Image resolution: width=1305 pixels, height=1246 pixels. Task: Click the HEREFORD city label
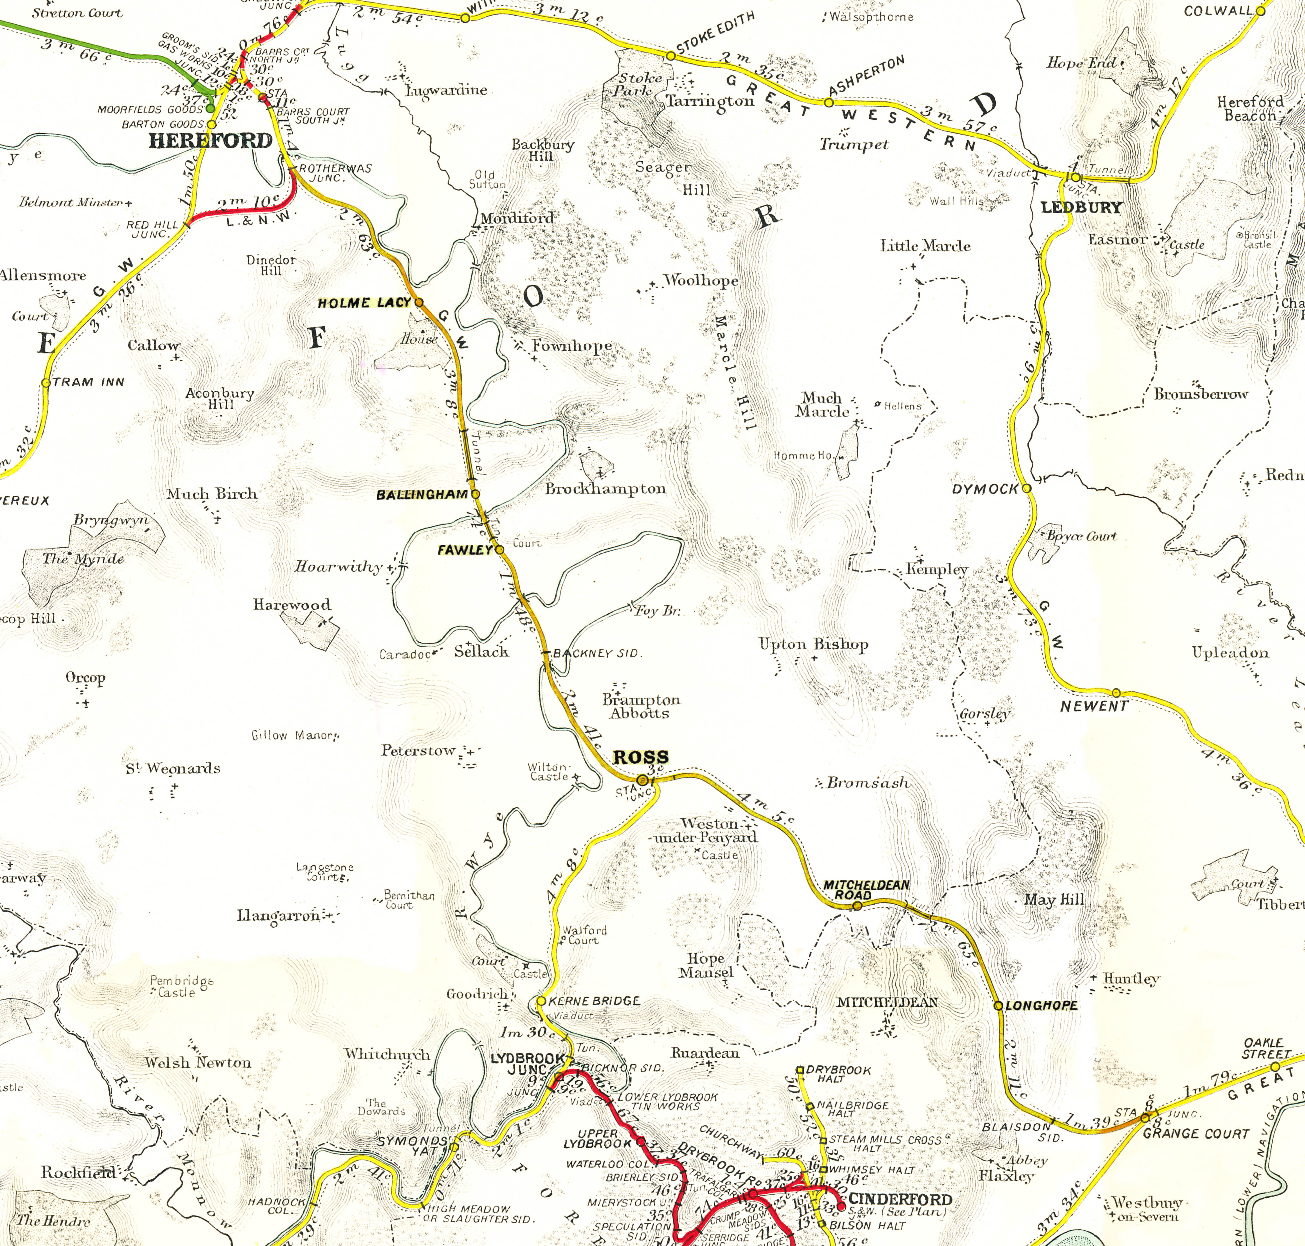(210, 141)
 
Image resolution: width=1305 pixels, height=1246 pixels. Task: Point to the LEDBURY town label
(1081, 207)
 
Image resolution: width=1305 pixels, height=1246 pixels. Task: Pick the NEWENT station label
(1094, 707)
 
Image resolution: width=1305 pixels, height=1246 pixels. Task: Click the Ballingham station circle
(475, 494)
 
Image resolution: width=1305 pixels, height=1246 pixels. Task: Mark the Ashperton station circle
(829, 103)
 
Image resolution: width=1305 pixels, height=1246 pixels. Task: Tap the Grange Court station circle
(1145, 1118)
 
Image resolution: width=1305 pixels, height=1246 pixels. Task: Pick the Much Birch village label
(212, 494)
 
